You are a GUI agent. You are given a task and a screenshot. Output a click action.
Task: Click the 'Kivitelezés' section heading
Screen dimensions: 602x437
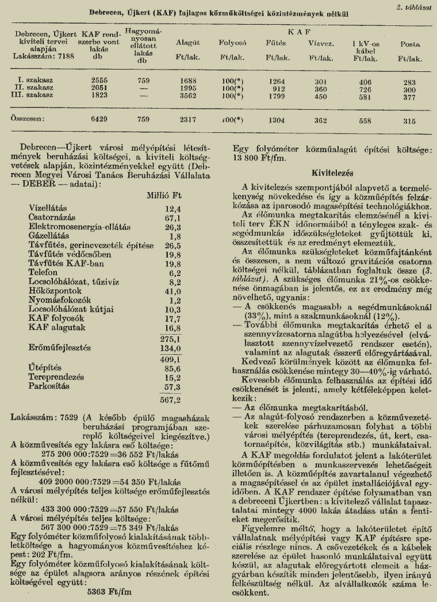point(331,172)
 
